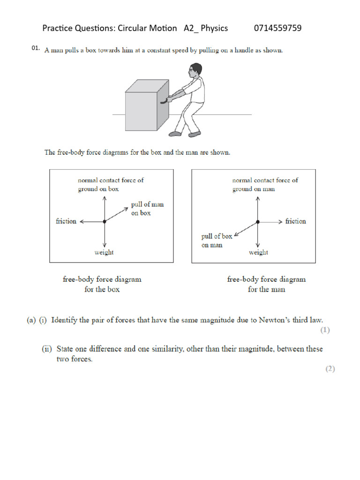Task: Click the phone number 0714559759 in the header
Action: [x=277, y=28]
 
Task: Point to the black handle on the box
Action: [x=163, y=100]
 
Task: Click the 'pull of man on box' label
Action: [x=150, y=209]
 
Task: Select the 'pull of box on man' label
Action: [x=216, y=240]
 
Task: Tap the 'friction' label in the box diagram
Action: [x=66, y=221]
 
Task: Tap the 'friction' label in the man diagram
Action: [x=295, y=221]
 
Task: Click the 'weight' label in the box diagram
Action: [x=104, y=252]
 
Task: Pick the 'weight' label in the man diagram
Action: [x=258, y=252]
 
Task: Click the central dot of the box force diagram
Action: [x=105, y=221]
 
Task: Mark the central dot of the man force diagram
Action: [x=258, y=221]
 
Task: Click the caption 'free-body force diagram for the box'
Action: [x=102, y=284]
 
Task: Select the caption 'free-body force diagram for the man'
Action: [x=266, y=284]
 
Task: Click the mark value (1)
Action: [x=325, y=330]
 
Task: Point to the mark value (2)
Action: [x=330, y=368]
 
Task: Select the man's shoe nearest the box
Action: [x=175, y=134]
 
